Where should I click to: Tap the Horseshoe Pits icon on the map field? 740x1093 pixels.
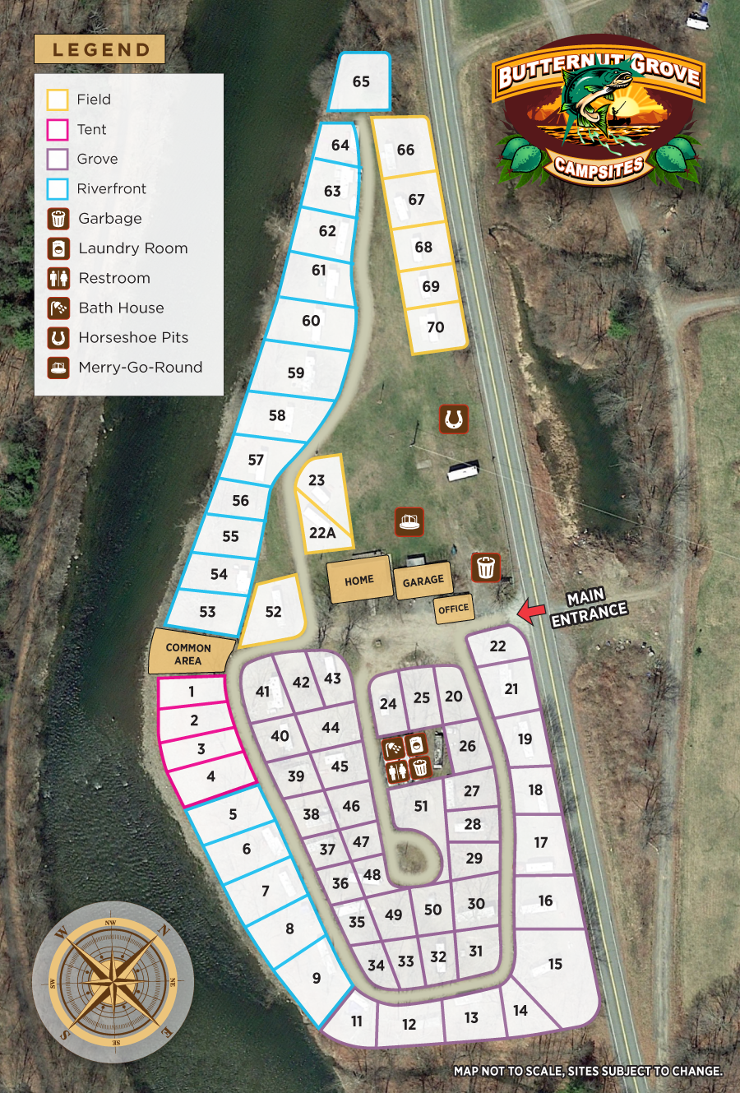pyautogui.click(x=452, y=419)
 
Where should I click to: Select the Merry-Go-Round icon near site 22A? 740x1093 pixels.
pyautogui.click(x=409, y=521)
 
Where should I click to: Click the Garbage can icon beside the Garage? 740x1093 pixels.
pyautogui.click(x=486, y=567)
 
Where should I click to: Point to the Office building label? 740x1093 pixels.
pyautogui.click(x=453, y=609)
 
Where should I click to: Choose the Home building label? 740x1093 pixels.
pyautogui.click(x=358, y=580)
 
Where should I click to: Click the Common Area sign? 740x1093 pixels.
pyautogui.click(x=188, y=654)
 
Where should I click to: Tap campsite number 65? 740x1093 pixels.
pyautogui.click(x=361, y=81)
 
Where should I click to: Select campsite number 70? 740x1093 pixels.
pyautogui.click(x=436, y=327)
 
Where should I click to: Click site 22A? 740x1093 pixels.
pyautogui.click(x=322, y=533)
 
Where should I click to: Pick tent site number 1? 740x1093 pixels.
pyautogui.click(x=192, y=692)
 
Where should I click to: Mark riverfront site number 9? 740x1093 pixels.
pyautogui.click(x=317, y=978)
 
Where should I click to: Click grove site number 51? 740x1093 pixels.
pyautogui.click(x=421, y=806)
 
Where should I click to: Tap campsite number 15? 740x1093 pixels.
pyautogui.click(x=555, y=964)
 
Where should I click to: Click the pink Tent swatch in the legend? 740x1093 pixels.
pyautogui.click(x=58, y=129)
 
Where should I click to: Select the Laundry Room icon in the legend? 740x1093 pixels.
pyautogui.click(x=58, y=248)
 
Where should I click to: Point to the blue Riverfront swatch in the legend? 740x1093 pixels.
pyautogui.click(x=58, y=188)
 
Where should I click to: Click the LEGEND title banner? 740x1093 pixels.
pyautogui.click(x=99, y=49)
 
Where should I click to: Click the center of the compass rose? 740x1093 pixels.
pyautogui.click(x=113, y=982)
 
